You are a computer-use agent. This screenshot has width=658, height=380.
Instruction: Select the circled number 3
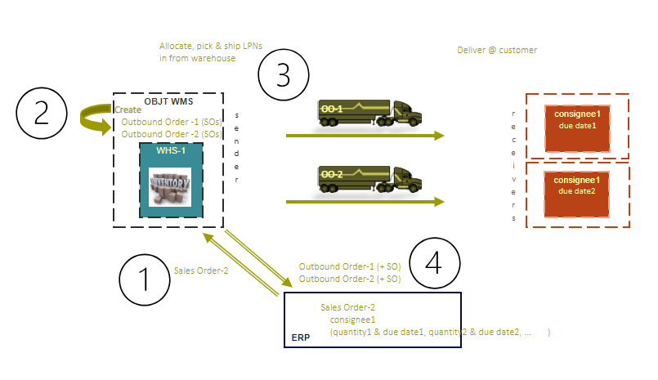(283, 77)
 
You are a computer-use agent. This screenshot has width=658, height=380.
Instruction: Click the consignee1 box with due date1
(577, 126)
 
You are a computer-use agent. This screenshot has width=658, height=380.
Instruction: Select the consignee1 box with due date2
(577, 193)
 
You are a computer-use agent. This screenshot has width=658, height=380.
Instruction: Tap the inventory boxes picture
(170, 186)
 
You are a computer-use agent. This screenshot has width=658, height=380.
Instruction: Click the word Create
(128, 110)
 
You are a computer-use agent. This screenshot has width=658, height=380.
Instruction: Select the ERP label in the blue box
(301, 336)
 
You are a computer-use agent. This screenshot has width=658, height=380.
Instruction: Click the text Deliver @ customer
(497, 51)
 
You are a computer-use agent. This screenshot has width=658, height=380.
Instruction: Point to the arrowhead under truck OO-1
(439, 136)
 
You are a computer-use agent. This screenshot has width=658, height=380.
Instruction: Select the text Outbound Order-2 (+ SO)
(349, 279)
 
